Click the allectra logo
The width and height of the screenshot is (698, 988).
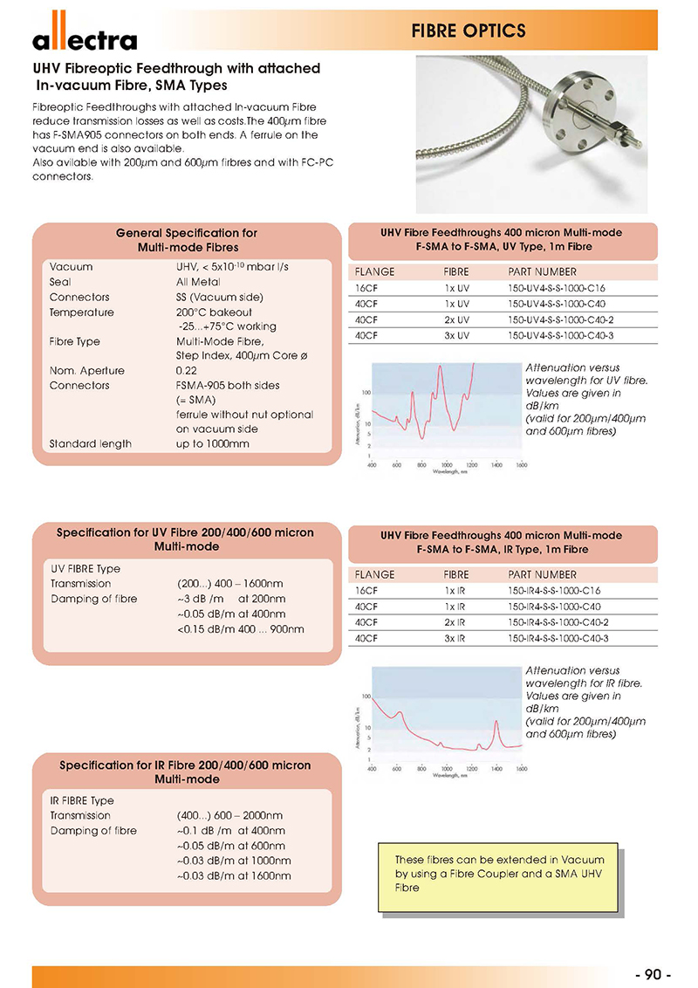tap(85, 37)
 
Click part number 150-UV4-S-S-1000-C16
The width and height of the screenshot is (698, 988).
tap(556, 288)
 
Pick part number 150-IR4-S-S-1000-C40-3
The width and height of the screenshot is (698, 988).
tap(558, 638)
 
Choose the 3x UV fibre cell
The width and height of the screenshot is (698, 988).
tap(457, 335)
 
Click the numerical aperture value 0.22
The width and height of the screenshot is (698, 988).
tap(187, 371)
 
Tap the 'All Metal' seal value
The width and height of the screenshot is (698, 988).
tap(198, 282)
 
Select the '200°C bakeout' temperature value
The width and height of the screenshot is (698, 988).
tap(214, 312)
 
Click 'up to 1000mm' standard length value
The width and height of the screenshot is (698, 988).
tap(212, 444)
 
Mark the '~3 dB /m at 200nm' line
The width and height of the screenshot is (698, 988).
tap(231, 599)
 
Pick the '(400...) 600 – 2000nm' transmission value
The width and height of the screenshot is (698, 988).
tap(229, 816)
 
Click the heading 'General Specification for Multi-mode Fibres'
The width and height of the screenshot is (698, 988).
tap(187, 240)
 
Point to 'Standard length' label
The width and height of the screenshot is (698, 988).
tap(91, 444)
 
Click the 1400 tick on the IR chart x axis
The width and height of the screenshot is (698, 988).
tap(496, 770)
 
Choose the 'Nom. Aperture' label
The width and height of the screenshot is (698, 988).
tap(87, 371)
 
